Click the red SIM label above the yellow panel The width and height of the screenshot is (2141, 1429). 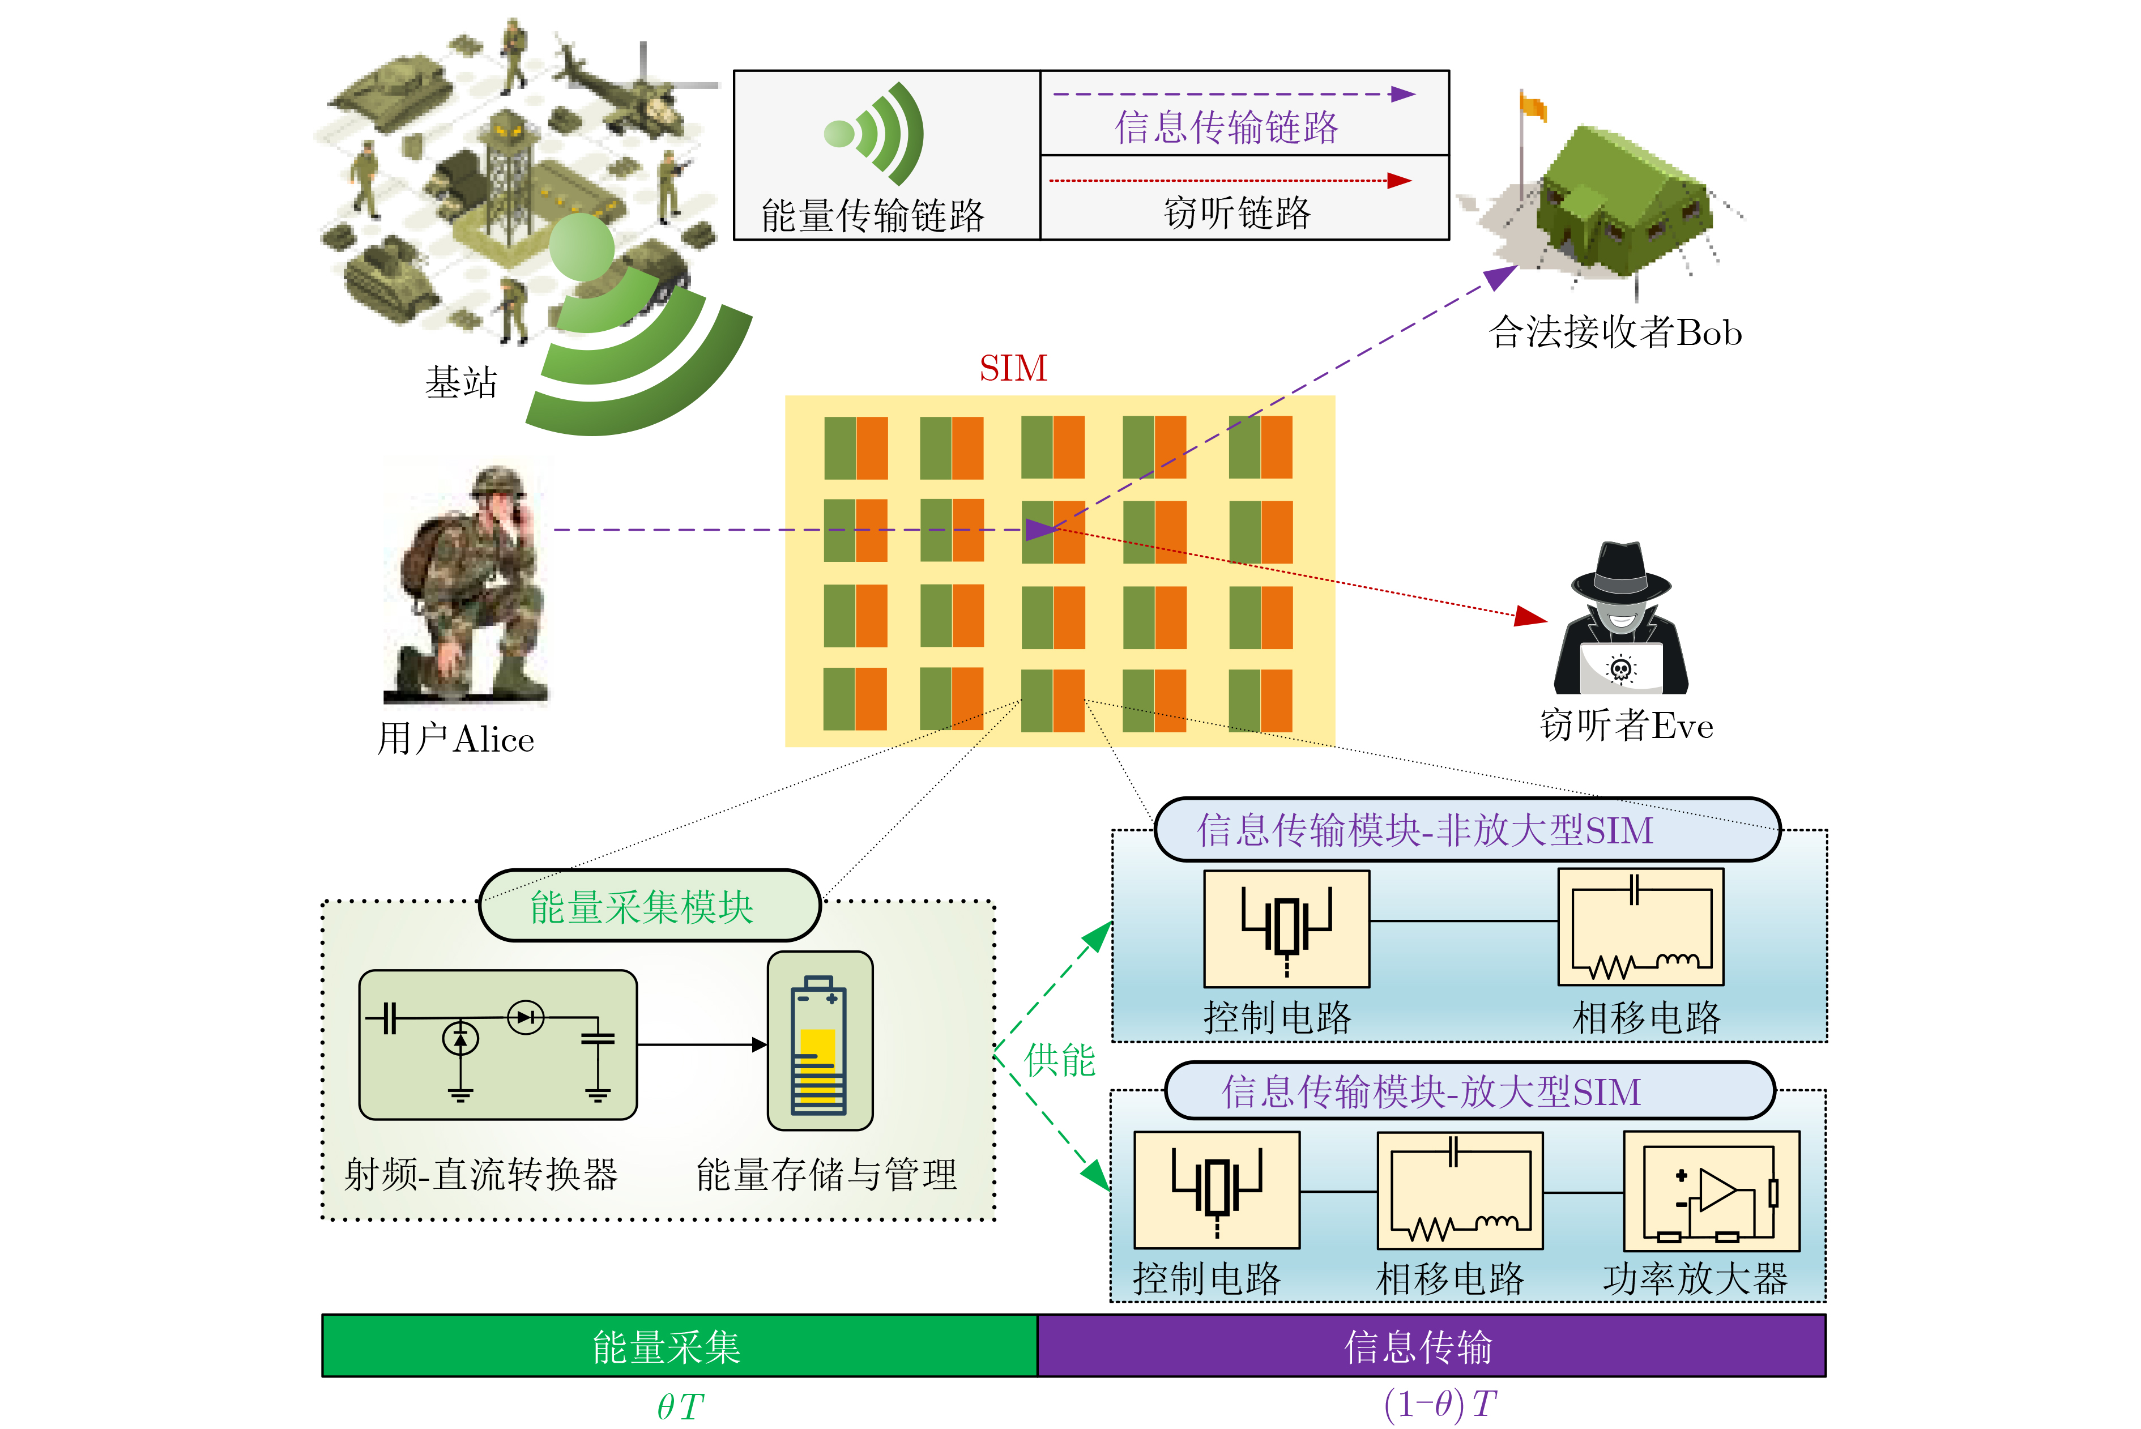pos(1013,368)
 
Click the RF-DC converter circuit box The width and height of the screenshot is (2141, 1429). pos(498,1044)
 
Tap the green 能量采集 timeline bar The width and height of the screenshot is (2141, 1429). pos(679,1345)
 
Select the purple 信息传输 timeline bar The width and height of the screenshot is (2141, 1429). pos(1430,1345)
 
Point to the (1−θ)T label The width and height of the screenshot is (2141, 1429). pos(1440,1405)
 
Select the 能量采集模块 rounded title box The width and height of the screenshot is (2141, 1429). pos(649,906)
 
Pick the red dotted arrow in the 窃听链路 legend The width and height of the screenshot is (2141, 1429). pos(1230,181)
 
